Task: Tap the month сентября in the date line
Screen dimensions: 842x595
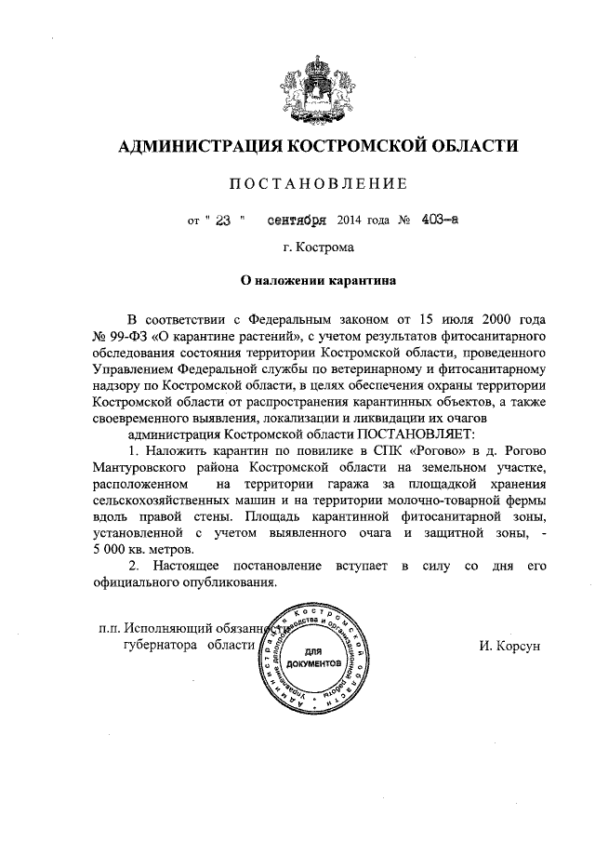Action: (x=296, y=221)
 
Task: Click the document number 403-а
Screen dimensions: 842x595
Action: (x=411, y=221)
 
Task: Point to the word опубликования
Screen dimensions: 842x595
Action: (x=230, y=583)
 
